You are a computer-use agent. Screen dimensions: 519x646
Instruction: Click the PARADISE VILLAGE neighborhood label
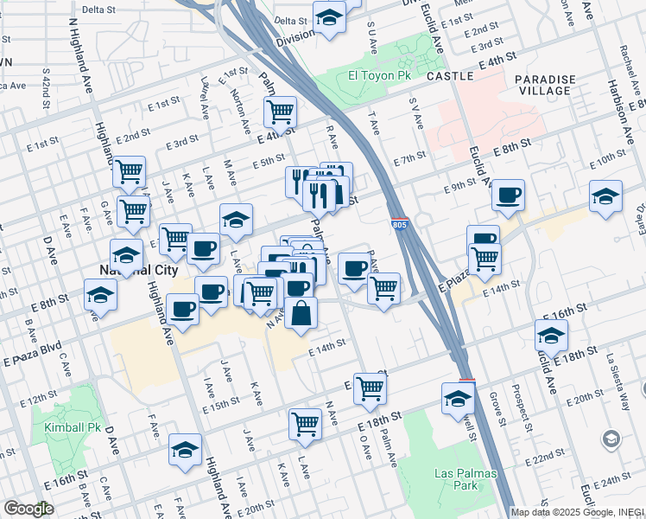544,85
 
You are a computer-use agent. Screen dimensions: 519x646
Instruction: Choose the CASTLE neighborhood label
448,76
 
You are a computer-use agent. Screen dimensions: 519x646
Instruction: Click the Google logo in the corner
28,509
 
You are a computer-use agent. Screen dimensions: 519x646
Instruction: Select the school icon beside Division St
329,17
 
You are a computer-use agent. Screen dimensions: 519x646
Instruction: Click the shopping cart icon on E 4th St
280,111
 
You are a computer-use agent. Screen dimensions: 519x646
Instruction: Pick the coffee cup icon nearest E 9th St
508,194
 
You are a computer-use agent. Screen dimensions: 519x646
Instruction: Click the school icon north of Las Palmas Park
458,397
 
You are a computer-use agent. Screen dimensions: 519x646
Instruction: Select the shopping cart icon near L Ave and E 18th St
305,423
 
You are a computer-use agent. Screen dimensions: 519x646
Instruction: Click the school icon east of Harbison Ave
605,195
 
